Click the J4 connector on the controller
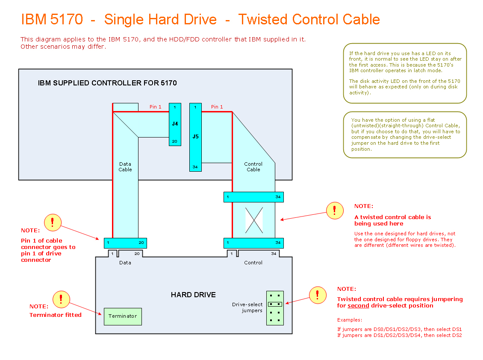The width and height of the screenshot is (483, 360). (175, 124)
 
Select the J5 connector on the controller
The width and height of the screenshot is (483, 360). (195, 137)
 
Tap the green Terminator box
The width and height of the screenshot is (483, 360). (123, 316)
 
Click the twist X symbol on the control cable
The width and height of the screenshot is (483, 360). (253, 220)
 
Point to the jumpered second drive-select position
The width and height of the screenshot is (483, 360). (275, 304)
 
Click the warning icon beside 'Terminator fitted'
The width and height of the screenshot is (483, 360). (61, 299)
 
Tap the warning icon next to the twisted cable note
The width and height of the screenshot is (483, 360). (335, 211)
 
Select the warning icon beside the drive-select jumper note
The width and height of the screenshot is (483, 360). (318, 295)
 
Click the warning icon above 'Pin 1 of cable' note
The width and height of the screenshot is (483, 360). (53, 222)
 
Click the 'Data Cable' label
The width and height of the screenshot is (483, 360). (125, 167)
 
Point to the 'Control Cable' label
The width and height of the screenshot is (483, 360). (253, 167)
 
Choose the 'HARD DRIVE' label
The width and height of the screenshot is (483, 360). (193, 295)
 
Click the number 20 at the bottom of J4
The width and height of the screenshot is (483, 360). (175, 141)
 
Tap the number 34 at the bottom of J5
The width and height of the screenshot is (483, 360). (195, 167)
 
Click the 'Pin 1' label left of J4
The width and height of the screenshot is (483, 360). (156, 107)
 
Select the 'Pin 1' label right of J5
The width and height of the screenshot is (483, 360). (217, 107)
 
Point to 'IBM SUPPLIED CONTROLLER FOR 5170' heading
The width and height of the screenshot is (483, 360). (107, 83)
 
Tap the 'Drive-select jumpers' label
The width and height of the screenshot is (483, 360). (247, 307)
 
